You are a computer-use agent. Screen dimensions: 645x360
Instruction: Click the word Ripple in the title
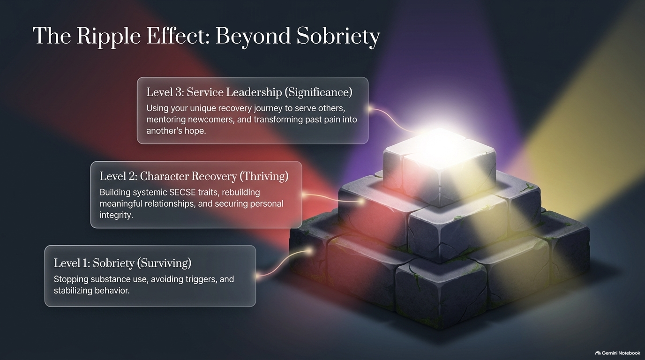pyautogui.click(x=108, y=37)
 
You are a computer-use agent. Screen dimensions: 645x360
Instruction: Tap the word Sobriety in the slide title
pyautogui.click(x=338, y=37)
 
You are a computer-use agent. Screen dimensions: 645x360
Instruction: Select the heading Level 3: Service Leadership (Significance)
pyautogui.click(x=249, y=92)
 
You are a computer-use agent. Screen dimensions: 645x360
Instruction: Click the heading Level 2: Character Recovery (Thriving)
pyautogui.click(x=194, y=176)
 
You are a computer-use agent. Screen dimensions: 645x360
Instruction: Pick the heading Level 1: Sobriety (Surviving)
pyautogui.click(x=122, y=263)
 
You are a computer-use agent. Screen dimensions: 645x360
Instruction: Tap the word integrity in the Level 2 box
pyautogui.click(x=116, y=215)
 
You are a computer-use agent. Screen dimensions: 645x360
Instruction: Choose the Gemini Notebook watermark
pyautogui.click(x=618, y=353)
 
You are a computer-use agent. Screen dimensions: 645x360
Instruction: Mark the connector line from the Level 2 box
pyautogui.click(x=333, y=198)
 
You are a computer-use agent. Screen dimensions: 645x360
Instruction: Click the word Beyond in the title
pyautogui.click(x=253, y=37)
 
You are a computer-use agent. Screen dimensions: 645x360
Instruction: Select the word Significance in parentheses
pyautogui.click(x=318, y=92)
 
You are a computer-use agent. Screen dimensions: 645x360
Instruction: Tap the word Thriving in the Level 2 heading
pyautogui.click(x=264, y=176)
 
